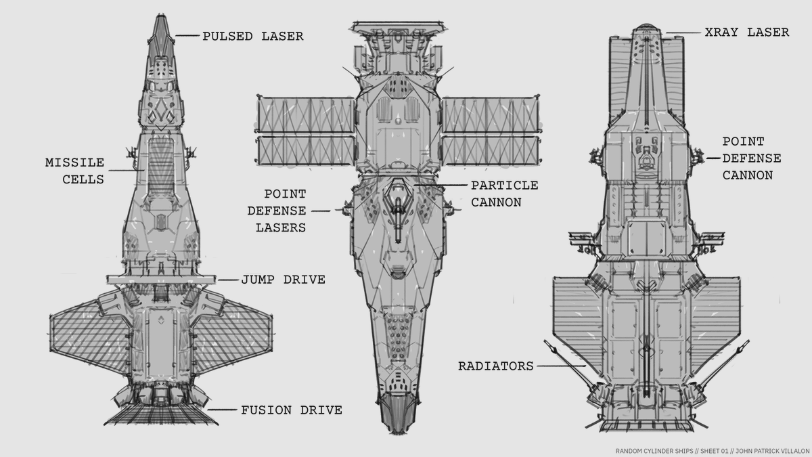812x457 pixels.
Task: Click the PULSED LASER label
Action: coord(252,37)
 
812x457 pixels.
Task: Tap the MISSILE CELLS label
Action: coord(74,171)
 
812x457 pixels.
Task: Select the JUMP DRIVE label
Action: coord(283,279)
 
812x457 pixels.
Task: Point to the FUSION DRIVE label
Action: coord(291,410)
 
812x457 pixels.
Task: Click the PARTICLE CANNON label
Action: coord(504,193)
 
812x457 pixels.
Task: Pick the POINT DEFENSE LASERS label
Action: coord(280,211)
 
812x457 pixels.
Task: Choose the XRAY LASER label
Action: coord(746,32)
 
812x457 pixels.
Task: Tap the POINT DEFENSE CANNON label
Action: coord(751,158)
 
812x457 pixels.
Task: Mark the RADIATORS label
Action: coord(496,366)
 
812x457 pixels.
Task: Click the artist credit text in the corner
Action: coord(710,450)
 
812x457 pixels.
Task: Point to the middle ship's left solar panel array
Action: coord(306,133)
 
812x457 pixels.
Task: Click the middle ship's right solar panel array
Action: coord(492,133)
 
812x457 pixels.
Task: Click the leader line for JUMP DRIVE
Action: coord(228,279)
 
